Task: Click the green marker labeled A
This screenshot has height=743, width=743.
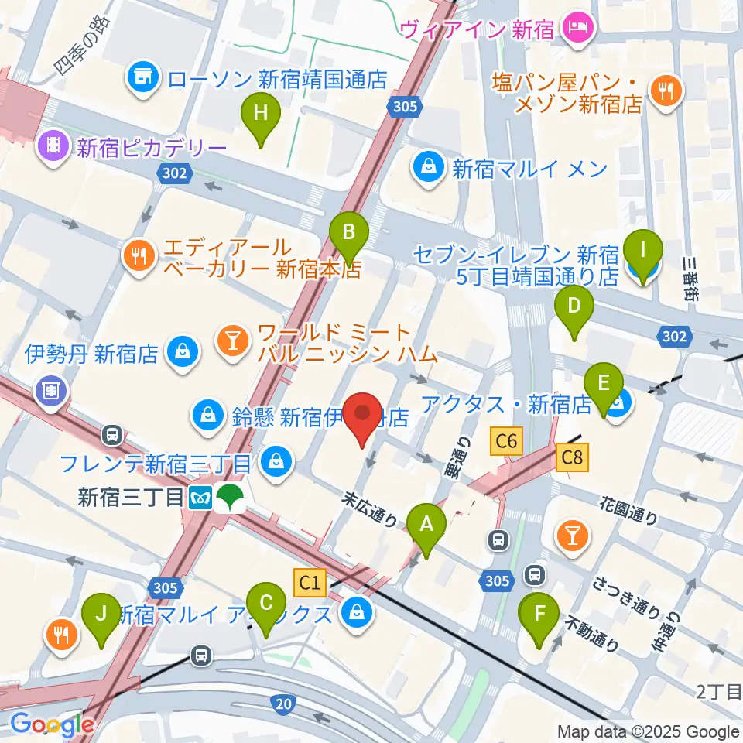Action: [x=425, y=529]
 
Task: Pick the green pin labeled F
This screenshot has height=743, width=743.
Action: [x=540, y=618]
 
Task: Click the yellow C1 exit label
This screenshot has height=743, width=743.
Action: [x=310, y=580]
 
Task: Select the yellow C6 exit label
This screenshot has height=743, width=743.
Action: [x=506, y=442]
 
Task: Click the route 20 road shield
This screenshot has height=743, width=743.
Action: [x=282, y=703]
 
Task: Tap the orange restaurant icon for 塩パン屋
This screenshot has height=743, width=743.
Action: [x=663, y=91]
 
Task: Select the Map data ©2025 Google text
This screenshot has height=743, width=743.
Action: [x=649, y=731]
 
